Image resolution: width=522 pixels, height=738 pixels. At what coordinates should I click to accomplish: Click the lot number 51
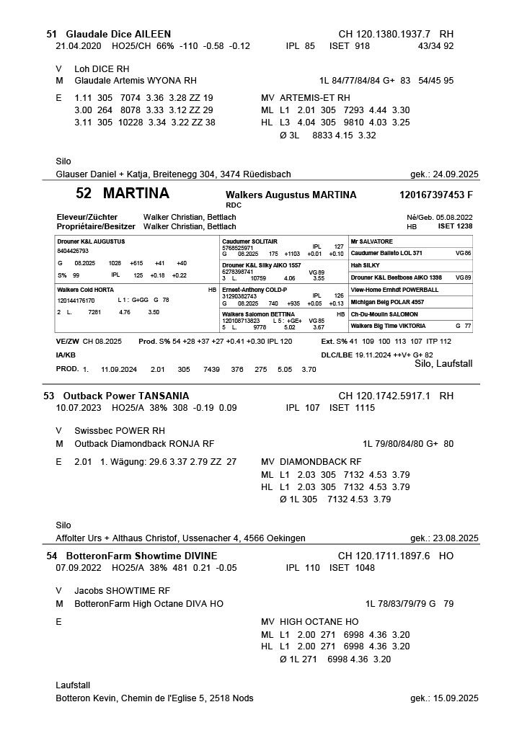point(51,34)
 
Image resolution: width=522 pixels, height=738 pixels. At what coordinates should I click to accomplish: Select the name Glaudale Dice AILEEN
point(118,34)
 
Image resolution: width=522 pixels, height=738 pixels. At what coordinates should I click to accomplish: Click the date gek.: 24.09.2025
point(443,174)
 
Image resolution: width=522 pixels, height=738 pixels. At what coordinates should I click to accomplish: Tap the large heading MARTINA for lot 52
point(136,194)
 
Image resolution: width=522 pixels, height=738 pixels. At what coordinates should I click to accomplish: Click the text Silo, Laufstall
point(444,364)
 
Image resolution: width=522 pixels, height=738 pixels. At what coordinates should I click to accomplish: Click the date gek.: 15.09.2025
point(443,698)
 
